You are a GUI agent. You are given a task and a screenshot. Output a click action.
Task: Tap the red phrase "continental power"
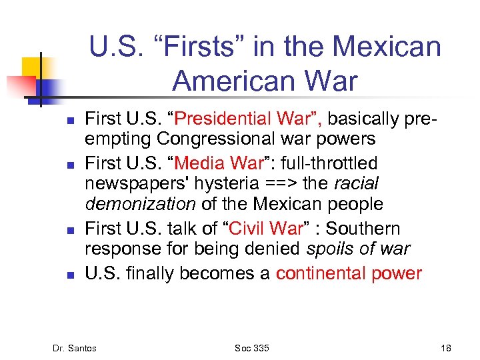pos(349,273)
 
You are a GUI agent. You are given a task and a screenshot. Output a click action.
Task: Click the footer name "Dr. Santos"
pos(75,347)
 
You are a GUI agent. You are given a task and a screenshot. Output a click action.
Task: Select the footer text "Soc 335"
pos(252,347)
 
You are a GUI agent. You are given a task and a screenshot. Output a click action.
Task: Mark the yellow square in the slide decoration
pos(32,67)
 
